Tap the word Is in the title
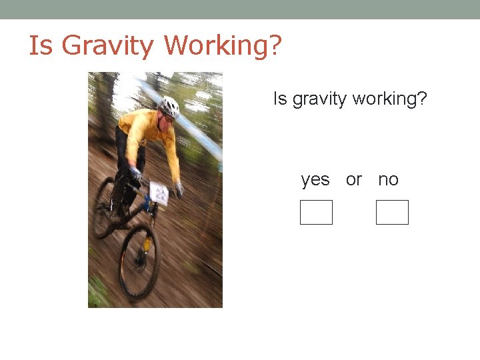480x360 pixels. [39, 45]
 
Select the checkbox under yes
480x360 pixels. [316, 212]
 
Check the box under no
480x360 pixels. [392, 212]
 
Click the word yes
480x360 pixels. [315, 179]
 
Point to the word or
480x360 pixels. [354, 179]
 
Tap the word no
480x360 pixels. [388, 179]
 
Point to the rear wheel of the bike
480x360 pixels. [103, 207]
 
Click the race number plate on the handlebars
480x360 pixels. [159, 193]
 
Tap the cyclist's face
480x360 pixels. [166, 119]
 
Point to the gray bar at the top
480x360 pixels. [240, 9]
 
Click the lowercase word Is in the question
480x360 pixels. [280, 99]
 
